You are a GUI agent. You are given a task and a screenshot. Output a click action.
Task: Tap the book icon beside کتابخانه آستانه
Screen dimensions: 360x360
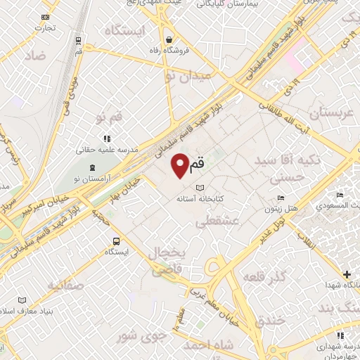pyautogui.click(x=199, y=188)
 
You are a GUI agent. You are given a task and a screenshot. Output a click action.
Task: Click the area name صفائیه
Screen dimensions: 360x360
pyautogui.click(x=65, y=285)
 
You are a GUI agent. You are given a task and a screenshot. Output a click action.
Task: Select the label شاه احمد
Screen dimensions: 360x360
pyautogui.click(x=207, y=345)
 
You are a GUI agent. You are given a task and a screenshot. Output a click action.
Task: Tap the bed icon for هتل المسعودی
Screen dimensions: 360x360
pyautogui.click(x=340, y=195)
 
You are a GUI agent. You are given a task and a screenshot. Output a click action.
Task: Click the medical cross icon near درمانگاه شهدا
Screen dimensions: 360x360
pyautogui.click(x=346, y=274)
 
